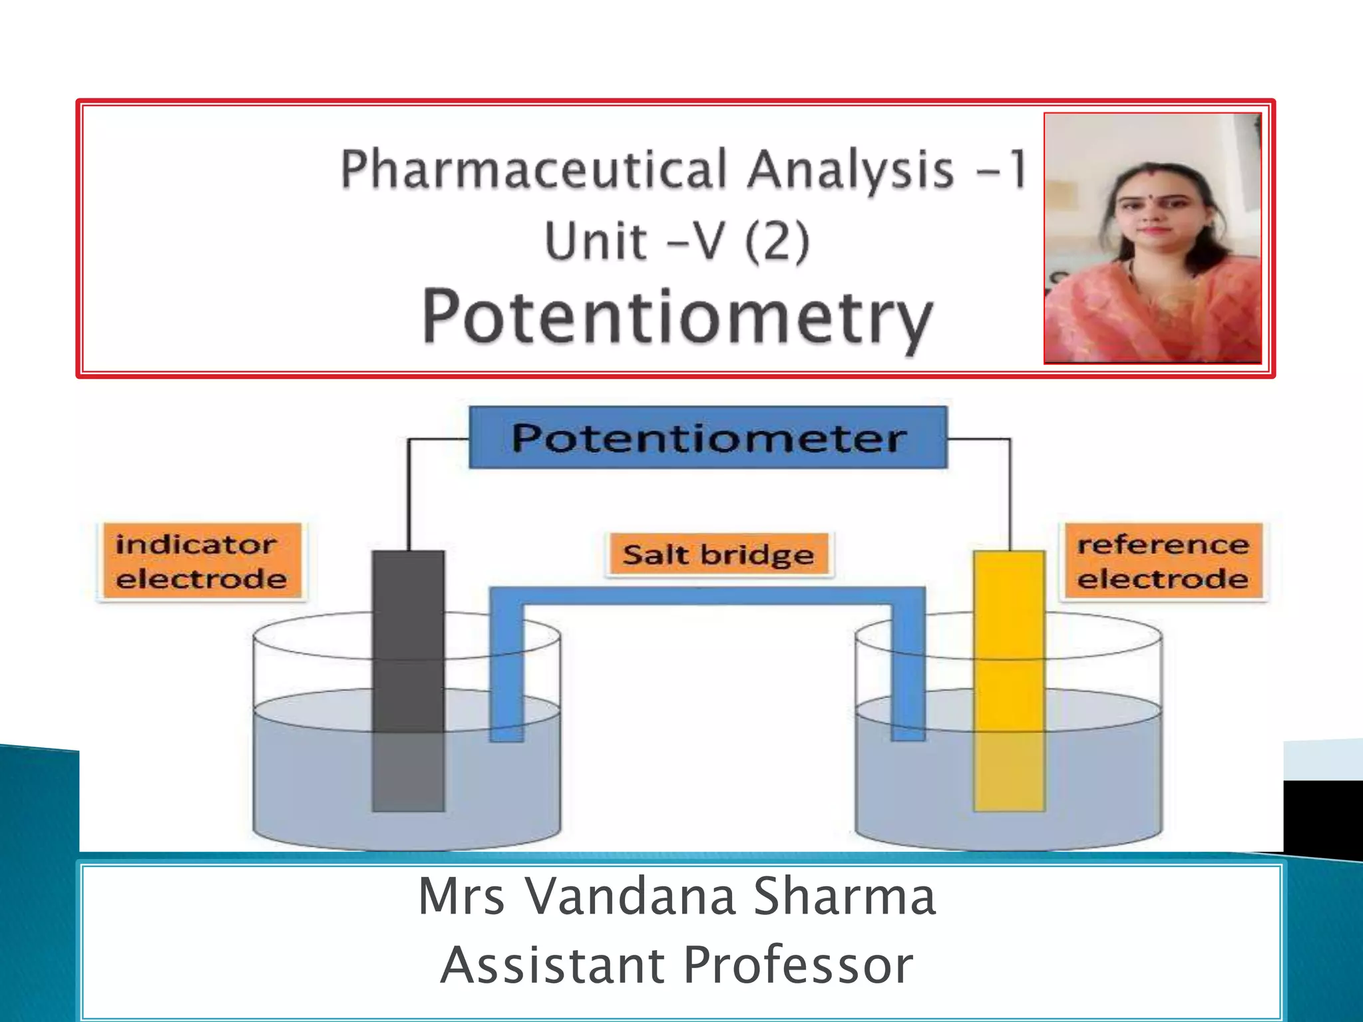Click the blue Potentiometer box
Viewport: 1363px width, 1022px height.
point(708,438)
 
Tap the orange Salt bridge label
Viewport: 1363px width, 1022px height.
point(719,554)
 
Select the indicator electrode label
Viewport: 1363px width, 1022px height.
point(201,562)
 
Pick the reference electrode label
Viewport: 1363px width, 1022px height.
point(1162,562)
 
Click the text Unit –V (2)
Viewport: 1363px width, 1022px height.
point(677,241)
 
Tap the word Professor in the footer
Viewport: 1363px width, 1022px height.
point(798,965)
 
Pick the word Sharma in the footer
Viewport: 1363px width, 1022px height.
point(845,896)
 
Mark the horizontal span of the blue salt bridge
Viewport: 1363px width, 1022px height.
point(707,596)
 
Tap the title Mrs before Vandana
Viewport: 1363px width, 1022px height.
point(461,896)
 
